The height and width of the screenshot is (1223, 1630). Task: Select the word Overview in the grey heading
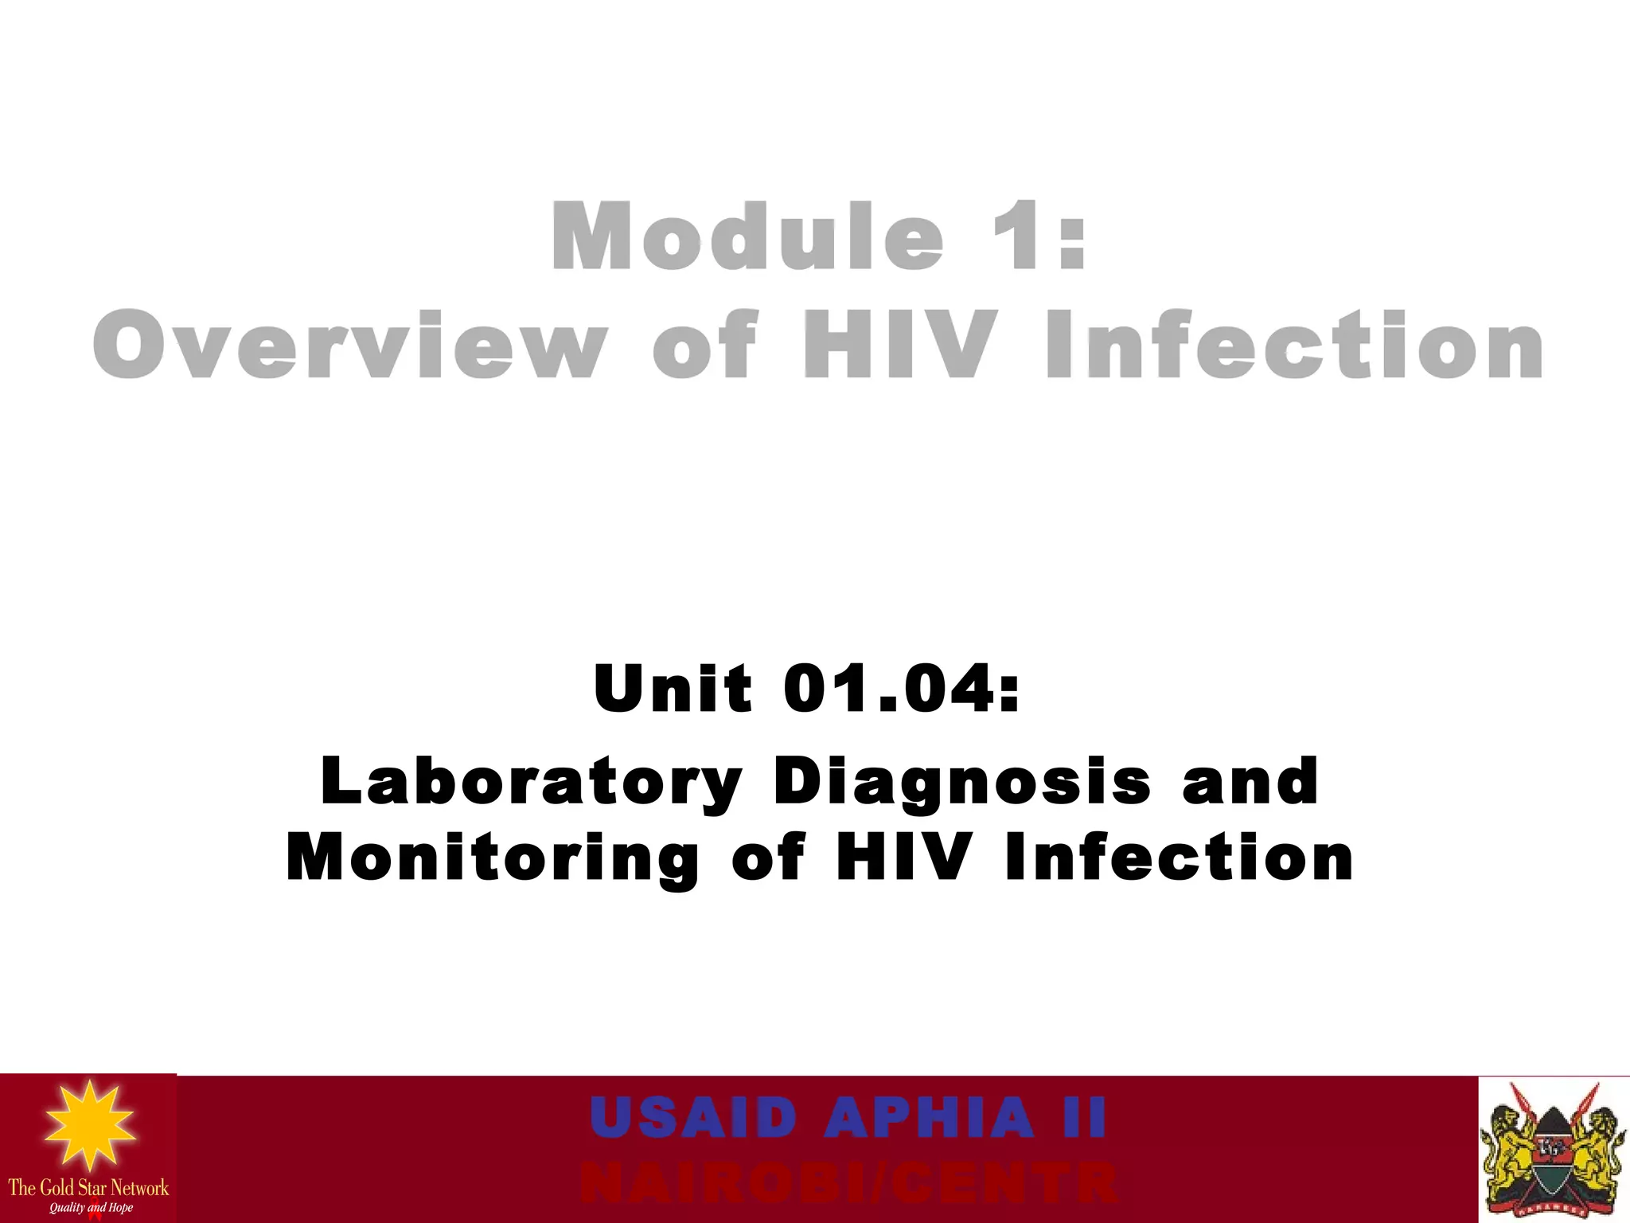(350, 346)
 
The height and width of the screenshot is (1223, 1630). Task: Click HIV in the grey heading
(900, 346)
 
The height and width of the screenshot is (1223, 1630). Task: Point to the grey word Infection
(1294, 346)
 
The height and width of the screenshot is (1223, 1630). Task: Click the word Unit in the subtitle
(673, 688)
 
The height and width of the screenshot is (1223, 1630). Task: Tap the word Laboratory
(531, 781)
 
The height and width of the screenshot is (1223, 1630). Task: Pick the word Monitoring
(493, 858)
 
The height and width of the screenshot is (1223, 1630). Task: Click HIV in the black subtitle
(904, 858)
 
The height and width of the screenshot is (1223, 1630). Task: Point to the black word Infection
(1179, 858)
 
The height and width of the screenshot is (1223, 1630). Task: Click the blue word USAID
(693, 1117)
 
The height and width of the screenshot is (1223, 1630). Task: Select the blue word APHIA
(929, 1117)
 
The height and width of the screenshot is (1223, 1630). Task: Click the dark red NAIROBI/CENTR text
(848, 1183)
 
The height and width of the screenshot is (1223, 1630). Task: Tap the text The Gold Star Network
(88, 1188)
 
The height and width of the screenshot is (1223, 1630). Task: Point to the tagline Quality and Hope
(91, 1208)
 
